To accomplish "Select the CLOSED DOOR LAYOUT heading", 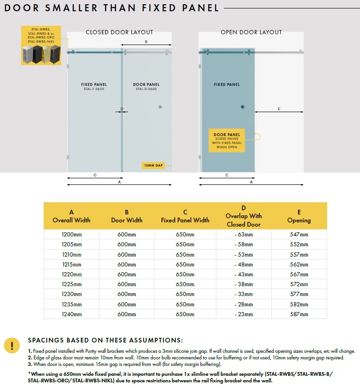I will pyautogui.click(x=119, y=32).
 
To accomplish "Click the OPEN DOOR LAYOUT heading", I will pyautogui.click(x=251, y=32).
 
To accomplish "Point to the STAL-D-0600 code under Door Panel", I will pyautogui.click(x=146, y=89).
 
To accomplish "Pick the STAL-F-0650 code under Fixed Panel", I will pyautogui.click(x=94, y=89).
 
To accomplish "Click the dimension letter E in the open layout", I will pyautogui.click(x=279, y=109).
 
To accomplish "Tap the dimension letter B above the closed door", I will pyautogui.click(x=146, y=42).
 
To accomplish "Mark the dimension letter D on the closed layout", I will pyautogui.click(x=122, y=109).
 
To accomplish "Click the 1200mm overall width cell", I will pyautogui.click(x=71, y=235).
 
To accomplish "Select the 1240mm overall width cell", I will pyautogui.click(x=71, y=314).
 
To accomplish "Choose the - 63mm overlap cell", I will pyautogui.click(x=244, y=235).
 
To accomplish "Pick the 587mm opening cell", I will pyautogui.click(x=299, y=314).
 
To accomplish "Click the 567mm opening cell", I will pyautogui.click(x=299, y=274).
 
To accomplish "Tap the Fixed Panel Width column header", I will pyautogui.click(x=185, y=216).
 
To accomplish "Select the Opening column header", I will pyautogui.click(x=299, y=216).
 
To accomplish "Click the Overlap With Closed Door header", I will pyautogui.click(x=244, y=216).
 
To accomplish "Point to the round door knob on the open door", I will pyautogui.click(x=243, y=107).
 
